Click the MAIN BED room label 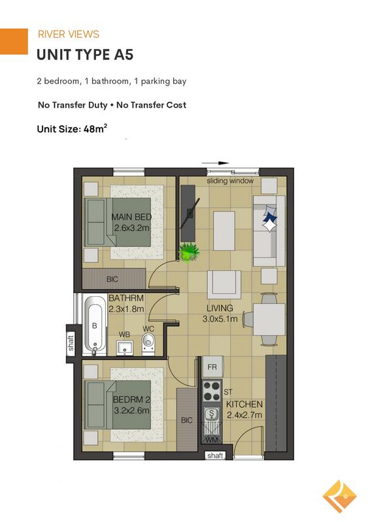(131, 217)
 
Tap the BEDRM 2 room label (131, 399)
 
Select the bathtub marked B (95, 326)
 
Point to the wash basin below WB (125, 348)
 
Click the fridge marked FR (212, 367)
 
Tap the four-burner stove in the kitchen (212, 391)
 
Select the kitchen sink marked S (211, 414)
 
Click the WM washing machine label (212, 440)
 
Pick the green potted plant (189, 252)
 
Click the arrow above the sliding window (215, 163)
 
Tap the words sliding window (230, 181)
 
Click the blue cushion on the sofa (270, 217)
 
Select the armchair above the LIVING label (224, 284)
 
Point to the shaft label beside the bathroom (71, 343)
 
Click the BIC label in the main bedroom (112, 279)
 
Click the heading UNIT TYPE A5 (85, 55)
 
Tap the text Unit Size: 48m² (72, 129)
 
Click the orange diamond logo (339, 497)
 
